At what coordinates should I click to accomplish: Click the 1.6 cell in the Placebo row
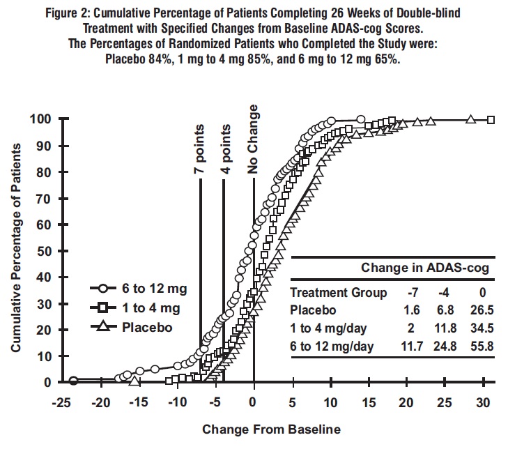pyautogui.click(x=410, y=310)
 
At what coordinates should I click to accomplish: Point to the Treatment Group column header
pyautogui.click(x=338, y=293)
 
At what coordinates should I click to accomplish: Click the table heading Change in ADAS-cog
pyautogui.click(x=424, y=268)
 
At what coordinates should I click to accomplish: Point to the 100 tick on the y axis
pyautogui.click(x=41, y=119)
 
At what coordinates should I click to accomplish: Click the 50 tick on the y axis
pyautogui.click(x=45, y=251)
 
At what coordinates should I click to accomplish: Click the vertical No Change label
pyautogui.click(x=254, y=139)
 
